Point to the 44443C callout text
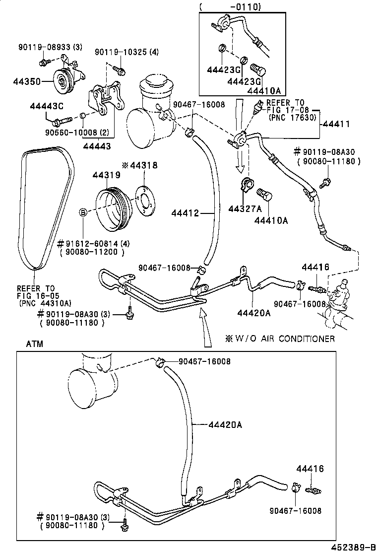coord(47,106)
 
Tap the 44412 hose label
coord(185,213)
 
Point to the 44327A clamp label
coord(245,209)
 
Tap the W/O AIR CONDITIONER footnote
coord(280,339)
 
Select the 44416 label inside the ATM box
coord(310,469)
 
